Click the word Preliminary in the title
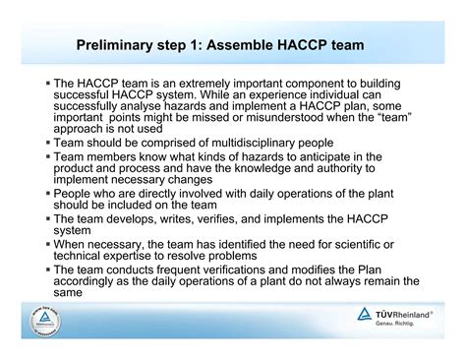pos(117,45)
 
